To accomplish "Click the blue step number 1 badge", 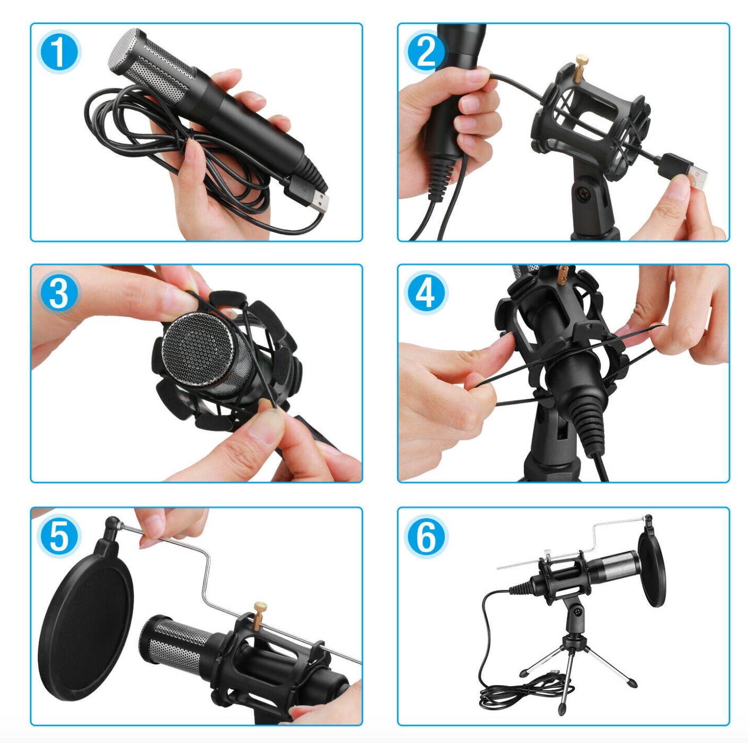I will point(58,52).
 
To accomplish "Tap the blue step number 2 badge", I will point(426,52).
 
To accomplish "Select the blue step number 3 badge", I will point(58,293).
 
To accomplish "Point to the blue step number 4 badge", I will point(426,293).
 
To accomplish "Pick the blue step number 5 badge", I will point(58,536).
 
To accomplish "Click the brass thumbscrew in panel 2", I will point(581,64).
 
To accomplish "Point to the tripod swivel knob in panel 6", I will point(576,617).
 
